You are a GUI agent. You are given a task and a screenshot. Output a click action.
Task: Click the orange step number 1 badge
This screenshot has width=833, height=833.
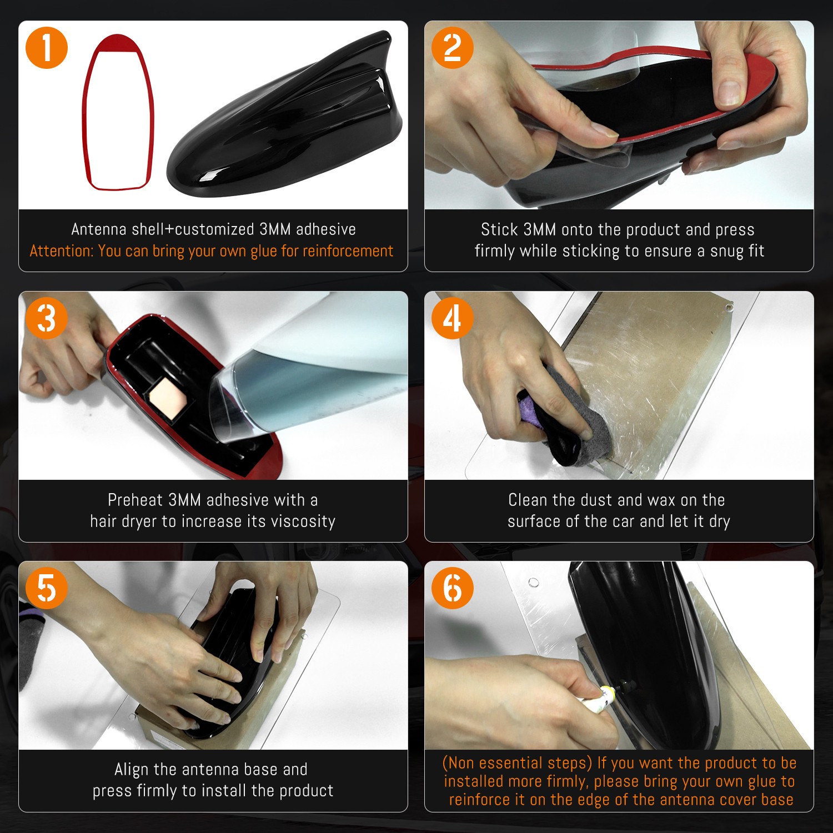coord(47,48)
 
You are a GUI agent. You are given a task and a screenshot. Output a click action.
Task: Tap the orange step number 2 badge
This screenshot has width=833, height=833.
coord(453,48)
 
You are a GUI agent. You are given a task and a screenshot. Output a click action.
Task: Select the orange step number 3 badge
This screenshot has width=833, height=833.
coord(47,318)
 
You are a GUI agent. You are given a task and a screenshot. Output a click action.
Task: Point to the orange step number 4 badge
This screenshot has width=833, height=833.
coord(453,318)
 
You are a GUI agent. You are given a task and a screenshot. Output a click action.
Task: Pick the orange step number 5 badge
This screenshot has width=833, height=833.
coord(47,588)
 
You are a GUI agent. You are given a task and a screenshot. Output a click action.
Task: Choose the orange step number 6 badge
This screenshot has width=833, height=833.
coord(453,588)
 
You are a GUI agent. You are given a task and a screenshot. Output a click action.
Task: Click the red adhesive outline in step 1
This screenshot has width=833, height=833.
coord(86,111)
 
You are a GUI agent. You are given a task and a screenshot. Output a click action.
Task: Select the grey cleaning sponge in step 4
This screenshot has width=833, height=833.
coord(561,416)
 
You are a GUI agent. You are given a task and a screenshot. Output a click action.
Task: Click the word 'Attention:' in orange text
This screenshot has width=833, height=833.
coord(62,251)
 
